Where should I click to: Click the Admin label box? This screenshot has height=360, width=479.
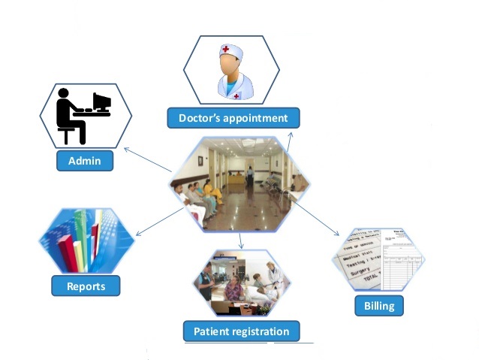[85, 161]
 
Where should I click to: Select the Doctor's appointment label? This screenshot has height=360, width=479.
[233, 118]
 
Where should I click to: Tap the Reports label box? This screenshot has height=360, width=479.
[86, 286]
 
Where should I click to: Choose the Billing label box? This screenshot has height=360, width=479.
[379, 305]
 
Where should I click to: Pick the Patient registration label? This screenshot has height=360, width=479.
[241, 331]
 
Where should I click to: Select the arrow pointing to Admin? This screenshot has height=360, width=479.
[146, 160]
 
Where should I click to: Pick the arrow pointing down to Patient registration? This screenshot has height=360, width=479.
[240, 241]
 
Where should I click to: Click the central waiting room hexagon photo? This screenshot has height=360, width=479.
[239, 184]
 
